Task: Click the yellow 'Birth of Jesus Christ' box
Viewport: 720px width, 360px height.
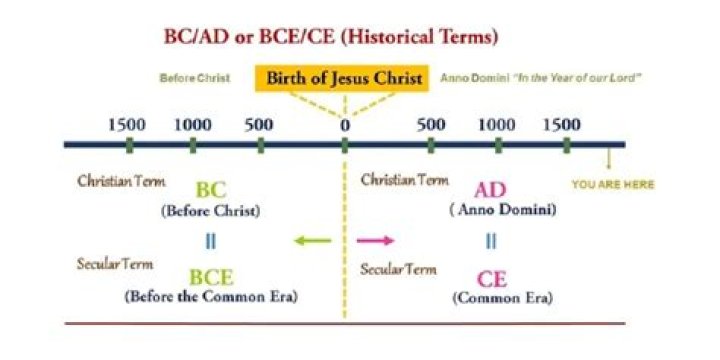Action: (x=342, y=79)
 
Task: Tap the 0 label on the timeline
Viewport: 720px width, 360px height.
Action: (x=345, y=125)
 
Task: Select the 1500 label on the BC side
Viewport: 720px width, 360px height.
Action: (x=127, y=124)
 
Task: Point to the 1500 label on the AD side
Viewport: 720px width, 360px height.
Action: (x=562, y=124)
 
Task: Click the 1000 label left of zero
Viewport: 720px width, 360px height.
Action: (x=193, y=124)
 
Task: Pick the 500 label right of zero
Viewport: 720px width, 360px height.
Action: (x=431, y=124)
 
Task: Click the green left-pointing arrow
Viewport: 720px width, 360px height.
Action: (x=312, y=240)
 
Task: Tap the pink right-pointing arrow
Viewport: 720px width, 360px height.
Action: (x=376, y=240)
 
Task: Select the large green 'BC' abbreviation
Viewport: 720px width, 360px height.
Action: (x=211, y=191)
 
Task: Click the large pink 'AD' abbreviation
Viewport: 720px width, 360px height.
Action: (x=490, y=190)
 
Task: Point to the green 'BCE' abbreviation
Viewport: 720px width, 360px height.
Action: (x=211, y=277)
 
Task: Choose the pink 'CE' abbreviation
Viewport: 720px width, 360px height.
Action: (x=492, y=279)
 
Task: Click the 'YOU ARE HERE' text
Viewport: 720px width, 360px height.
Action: (x=613, y=185)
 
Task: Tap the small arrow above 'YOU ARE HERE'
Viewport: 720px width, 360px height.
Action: (x=609, y=159)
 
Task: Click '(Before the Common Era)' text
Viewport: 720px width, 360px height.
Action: (x=211, y=297)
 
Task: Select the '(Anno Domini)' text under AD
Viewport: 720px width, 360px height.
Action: (x=503, y=210)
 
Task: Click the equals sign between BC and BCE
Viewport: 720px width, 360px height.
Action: (x=211, y=242)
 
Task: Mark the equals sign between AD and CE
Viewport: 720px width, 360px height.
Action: (x=491, y=241)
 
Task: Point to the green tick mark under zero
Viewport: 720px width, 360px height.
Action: (x=345, y=145)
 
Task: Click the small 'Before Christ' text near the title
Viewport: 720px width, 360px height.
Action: (x=195, y=78)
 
